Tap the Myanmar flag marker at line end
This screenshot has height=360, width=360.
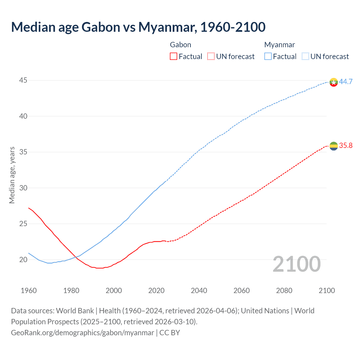pos(334,82)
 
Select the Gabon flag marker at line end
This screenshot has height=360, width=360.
pos(334,146)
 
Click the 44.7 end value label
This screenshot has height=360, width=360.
pos(346,82)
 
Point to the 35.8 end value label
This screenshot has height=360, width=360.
pos(346,145)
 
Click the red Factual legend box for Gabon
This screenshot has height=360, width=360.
pos(174,57)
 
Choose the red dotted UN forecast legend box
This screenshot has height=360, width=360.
pos(211,57)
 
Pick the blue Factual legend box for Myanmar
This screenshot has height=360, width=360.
pos(268,57)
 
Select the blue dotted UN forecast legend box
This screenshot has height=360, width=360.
pos(305,57)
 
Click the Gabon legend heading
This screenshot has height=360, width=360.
pos(181,45)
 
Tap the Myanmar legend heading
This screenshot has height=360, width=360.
pos(280,45)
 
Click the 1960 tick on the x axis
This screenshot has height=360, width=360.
pos(29,291)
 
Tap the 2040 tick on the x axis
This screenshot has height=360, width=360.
pos(199,291)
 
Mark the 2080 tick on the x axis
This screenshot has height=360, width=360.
pos(284,291)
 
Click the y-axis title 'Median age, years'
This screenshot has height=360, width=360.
pos(12,175)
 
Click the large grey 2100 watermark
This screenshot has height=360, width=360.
pos(296,264)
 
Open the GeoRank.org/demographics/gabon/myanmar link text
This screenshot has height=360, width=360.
pos(82,333)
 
